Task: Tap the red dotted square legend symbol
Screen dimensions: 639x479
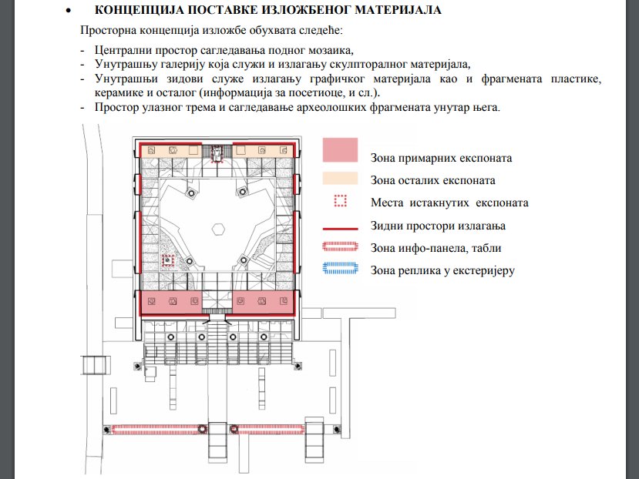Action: coord(340,202)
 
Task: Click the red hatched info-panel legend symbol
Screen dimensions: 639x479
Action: coord(339,246)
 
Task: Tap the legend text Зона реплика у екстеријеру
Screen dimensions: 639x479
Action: coord(442,270)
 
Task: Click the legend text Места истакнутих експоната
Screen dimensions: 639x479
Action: coord(449,203)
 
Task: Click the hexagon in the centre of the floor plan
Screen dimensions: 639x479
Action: coord(218,228)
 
